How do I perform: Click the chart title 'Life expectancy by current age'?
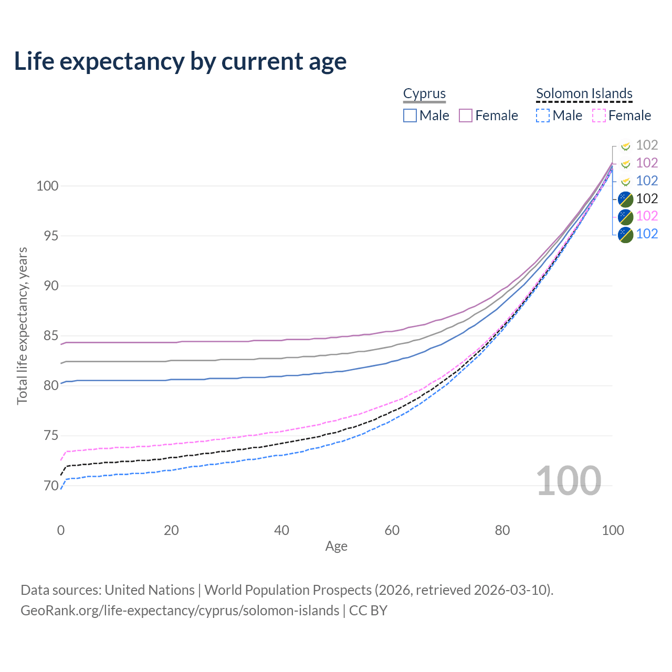pyautogui.click(x=180, y=61)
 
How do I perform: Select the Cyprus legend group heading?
pyautogui.click(x=424, y=93)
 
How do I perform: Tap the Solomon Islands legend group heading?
pyautogui.click(x=584, y=93)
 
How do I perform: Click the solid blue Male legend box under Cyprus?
pyautogui.click(x=410, y=115)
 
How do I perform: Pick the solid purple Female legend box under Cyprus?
pyautogui.click(x=466, y=115)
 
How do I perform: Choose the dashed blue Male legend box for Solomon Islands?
pyautogui.click(x=543, y=115)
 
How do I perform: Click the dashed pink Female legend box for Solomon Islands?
pyautogui.click(x=598, y=115)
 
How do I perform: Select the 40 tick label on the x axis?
pyautogui.click(x=282, y=530)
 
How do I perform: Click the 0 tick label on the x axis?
pyautogui.click(x=61, y=530)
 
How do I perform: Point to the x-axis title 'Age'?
pyautogui.click(x=336, y=547)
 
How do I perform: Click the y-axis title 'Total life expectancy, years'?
pyautogui.click(x=22, y=325)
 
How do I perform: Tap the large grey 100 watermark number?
pyautogui.click(x=569, y=481)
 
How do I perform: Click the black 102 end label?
pyautogui.click(x=647, y=198)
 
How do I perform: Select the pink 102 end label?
pyautogui.click(x=647, y=216)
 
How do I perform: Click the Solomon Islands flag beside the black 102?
pyautogui.click(x=625, y=199)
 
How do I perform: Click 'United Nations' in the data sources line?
pyautogui.click(x=150, y=590)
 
